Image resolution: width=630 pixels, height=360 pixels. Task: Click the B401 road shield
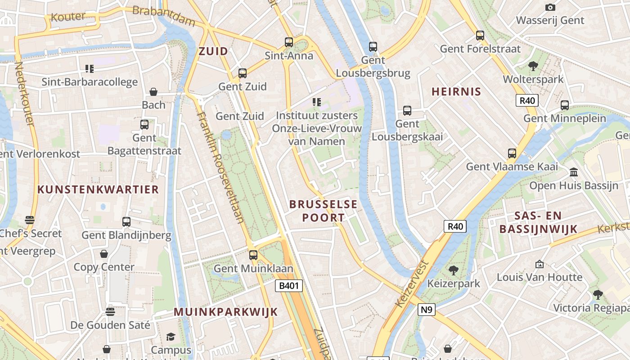point(288,285)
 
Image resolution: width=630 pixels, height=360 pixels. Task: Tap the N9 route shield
point(427,309)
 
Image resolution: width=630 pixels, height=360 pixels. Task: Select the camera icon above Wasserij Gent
point(550,7)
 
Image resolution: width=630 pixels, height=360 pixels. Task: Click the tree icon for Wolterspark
point(533,66)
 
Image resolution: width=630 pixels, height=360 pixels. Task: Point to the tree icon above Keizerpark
point(453,270)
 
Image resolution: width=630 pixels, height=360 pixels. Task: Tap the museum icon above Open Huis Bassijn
point(574,172)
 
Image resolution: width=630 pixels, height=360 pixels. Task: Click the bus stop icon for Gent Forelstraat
point(480,35)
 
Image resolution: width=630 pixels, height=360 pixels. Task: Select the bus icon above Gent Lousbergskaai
point(407,110)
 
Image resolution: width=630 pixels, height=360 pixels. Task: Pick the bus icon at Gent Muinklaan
point(253,255)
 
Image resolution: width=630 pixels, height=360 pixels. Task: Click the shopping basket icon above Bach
point(153,92)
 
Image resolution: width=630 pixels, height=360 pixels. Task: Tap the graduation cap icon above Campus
point(171,337)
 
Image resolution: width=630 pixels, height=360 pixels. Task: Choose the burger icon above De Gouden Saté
point(110,311)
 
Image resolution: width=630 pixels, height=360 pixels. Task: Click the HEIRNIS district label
point(456,92)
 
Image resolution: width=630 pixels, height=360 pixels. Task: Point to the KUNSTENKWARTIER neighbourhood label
point(98,189)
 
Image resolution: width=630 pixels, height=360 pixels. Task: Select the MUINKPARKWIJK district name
point(225,312)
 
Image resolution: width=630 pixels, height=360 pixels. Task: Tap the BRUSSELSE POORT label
point(323,211)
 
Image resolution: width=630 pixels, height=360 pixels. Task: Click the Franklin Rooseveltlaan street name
point(221,166)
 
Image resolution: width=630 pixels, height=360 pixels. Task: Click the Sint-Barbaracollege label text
point(90,82)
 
